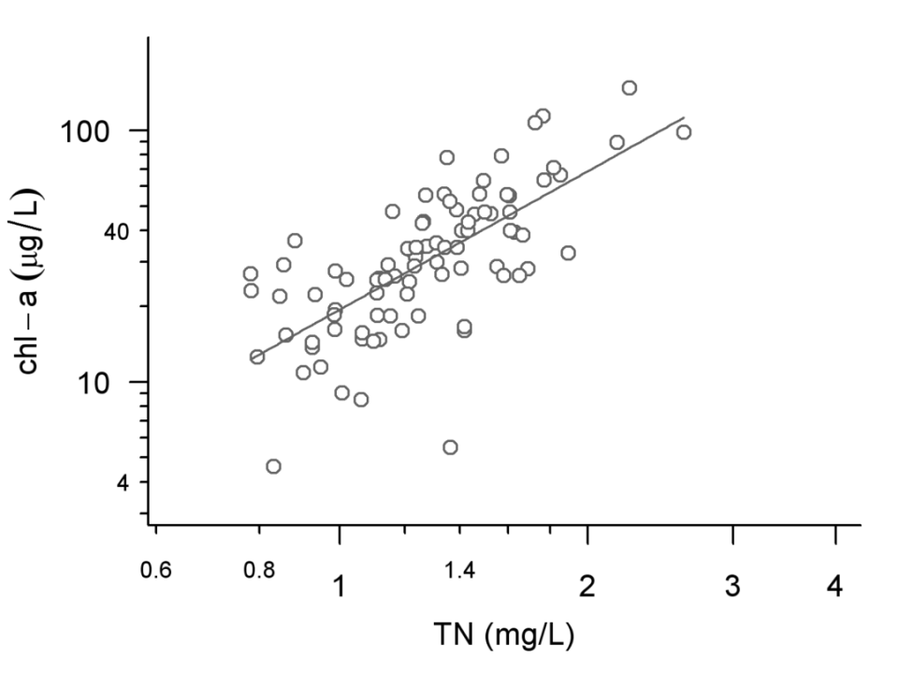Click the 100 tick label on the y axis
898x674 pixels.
pyautogui.click(x=87, y=132)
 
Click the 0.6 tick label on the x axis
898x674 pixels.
pyautogui.click(x=155, y=569)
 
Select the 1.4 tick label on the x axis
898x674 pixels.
pyautogui.click(x=459, y=569)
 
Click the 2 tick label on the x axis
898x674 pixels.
pyautogui.click(x=587, y=587)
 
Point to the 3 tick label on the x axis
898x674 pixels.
pyautogui.click(x=732, y=587)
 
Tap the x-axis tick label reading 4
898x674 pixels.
pyautogui.click(x=835, y=587)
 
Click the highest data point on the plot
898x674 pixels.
pyautogui.click(x=630, y=88)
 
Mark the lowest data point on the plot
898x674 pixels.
pyautogui.click(x=273, y=466)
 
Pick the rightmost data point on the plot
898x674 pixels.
pyautogui.click(x=684, y=132)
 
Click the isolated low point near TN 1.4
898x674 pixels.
pyautogui.click(x=450, y=447)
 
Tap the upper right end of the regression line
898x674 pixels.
pyautogui.click(x=685, y=117)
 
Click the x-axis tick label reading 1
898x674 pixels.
pyautogui.click(x=340, y=587)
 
